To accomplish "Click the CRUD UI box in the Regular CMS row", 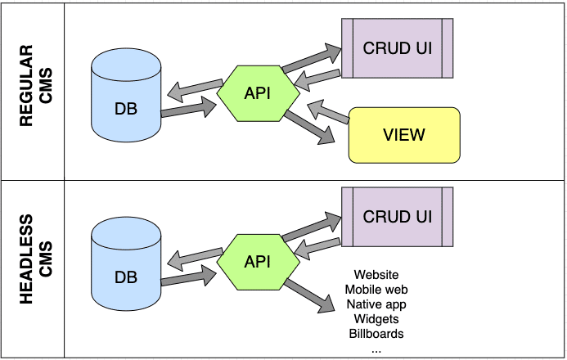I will point(398,47).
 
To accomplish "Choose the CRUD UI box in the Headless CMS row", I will point(398,217).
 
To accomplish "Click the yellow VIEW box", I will point(404,134).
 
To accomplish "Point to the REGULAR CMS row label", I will point(35,89).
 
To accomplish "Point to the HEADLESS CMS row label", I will point(35,260).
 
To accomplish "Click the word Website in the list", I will point(376,275).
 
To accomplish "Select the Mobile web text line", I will point(376,290).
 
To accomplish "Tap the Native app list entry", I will point(376,304).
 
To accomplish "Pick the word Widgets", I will point(376,319).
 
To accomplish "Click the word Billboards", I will point(376,334).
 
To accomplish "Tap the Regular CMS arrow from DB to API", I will point(187,108).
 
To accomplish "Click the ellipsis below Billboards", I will point(376,348).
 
